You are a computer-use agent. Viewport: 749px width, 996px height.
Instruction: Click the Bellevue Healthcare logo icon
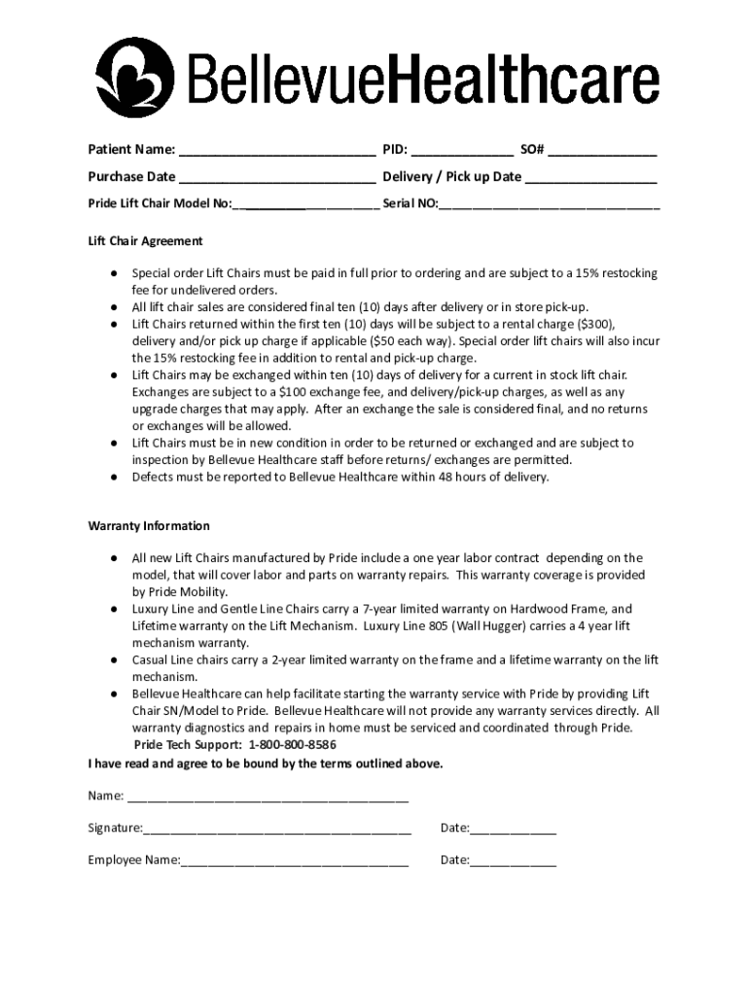135,77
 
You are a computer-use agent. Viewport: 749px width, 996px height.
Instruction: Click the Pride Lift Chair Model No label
160,204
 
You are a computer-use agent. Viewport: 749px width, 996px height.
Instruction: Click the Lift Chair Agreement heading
145,241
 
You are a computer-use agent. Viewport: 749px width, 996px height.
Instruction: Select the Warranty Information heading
149,526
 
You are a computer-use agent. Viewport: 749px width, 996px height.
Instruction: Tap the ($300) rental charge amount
594,324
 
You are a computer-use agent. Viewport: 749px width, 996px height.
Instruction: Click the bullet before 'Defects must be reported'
113,478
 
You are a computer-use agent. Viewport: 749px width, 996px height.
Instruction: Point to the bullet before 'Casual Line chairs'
113,660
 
